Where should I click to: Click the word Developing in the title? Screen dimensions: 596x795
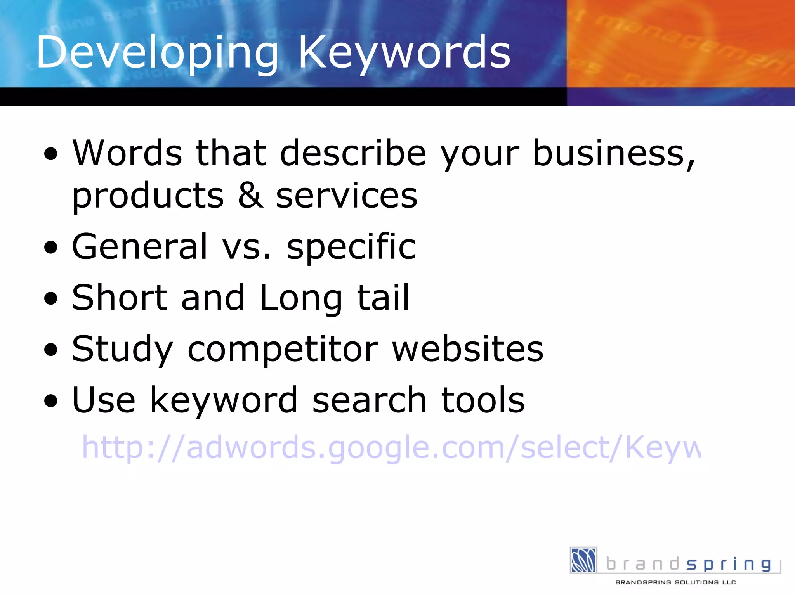(157, 52)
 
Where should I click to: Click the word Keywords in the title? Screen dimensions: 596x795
(404, 52)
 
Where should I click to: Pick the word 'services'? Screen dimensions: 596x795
(346, 196)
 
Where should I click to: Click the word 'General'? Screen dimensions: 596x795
(140, 246)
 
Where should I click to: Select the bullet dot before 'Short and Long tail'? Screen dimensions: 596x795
(51, 299)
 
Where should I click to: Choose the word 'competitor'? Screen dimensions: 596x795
(283, 349)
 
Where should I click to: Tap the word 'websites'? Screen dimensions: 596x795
(468, 349)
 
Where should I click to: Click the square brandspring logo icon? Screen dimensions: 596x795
(583, 560)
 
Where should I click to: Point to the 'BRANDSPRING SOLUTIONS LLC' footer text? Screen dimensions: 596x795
(675, 582)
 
